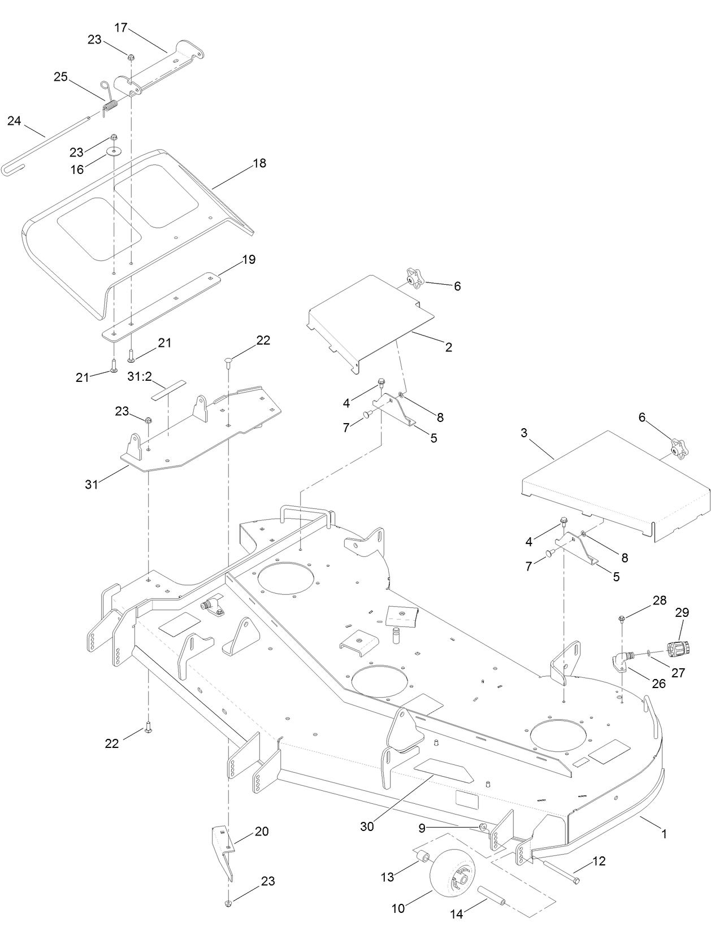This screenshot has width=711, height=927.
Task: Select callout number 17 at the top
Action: pyautogui.click(x=122, y=27)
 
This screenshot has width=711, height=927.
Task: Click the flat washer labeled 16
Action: pyautogui.click(x=115, y=152)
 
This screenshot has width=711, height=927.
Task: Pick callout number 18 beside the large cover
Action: pyautogui.click(x=259, y=163)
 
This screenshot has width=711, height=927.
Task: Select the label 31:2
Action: pyautogui.click(x=139, y=376)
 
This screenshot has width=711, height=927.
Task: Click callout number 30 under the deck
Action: pyautogui.click(x=367, y=826)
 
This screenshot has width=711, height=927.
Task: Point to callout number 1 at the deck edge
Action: pyautogui.click(x=664, y=833)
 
